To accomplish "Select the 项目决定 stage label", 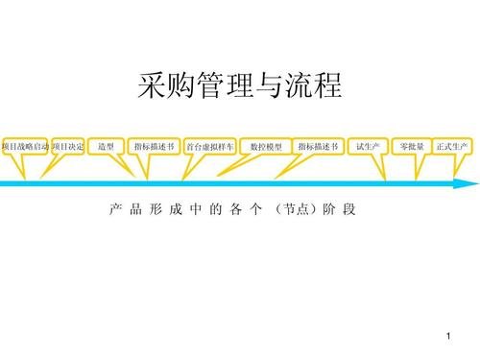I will point(69,146).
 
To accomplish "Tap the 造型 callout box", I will point(107,146).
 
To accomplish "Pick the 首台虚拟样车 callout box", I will point(209,146).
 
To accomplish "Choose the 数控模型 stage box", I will point(265,146).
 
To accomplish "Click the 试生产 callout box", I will point(368,146).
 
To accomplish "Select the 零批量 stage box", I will point(412,146).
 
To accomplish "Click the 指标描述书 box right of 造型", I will point(154,146).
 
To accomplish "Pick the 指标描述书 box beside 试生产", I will point(318,146).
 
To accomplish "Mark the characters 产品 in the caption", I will point(126,208).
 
